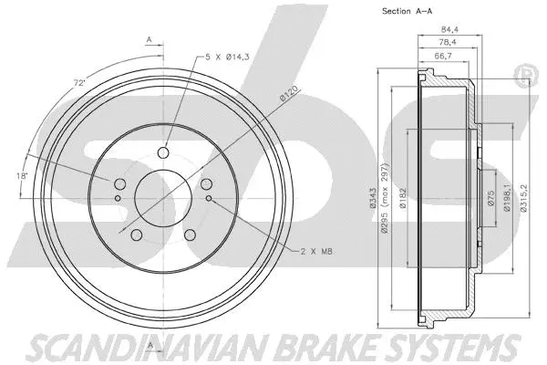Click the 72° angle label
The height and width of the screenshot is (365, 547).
[81, 83]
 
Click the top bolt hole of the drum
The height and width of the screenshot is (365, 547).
[164, 153]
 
